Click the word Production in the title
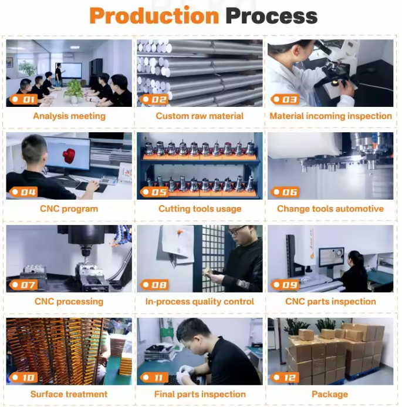pyautogui.click(x=154, y=16)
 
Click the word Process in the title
pyautogui.click(x=272, y=16)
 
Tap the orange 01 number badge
pyautogui.click(x=24, y=99)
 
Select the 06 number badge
pyautogui.click(x=285, y=192)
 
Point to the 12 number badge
pyautogui.click(x=285, y=378)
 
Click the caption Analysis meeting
pyautogui.click(x=69, y=116)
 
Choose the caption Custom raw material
pyautogui.click(x=200, y=116)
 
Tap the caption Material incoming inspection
pyautogui.click(x=330, y=116)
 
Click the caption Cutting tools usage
pyautogui.click(x=200, y=208)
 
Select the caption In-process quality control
pyautogui.click(x=200, y=301)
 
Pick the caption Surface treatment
pyautogui.click(x=69, y=394)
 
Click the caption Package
pyautogui.click(x=330, y=394)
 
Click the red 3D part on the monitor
pyautogui.click(x=69, y=156)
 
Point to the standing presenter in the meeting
pyautogui.click(x=59, y=75)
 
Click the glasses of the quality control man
pyautogui.click(x=238, y=230)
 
